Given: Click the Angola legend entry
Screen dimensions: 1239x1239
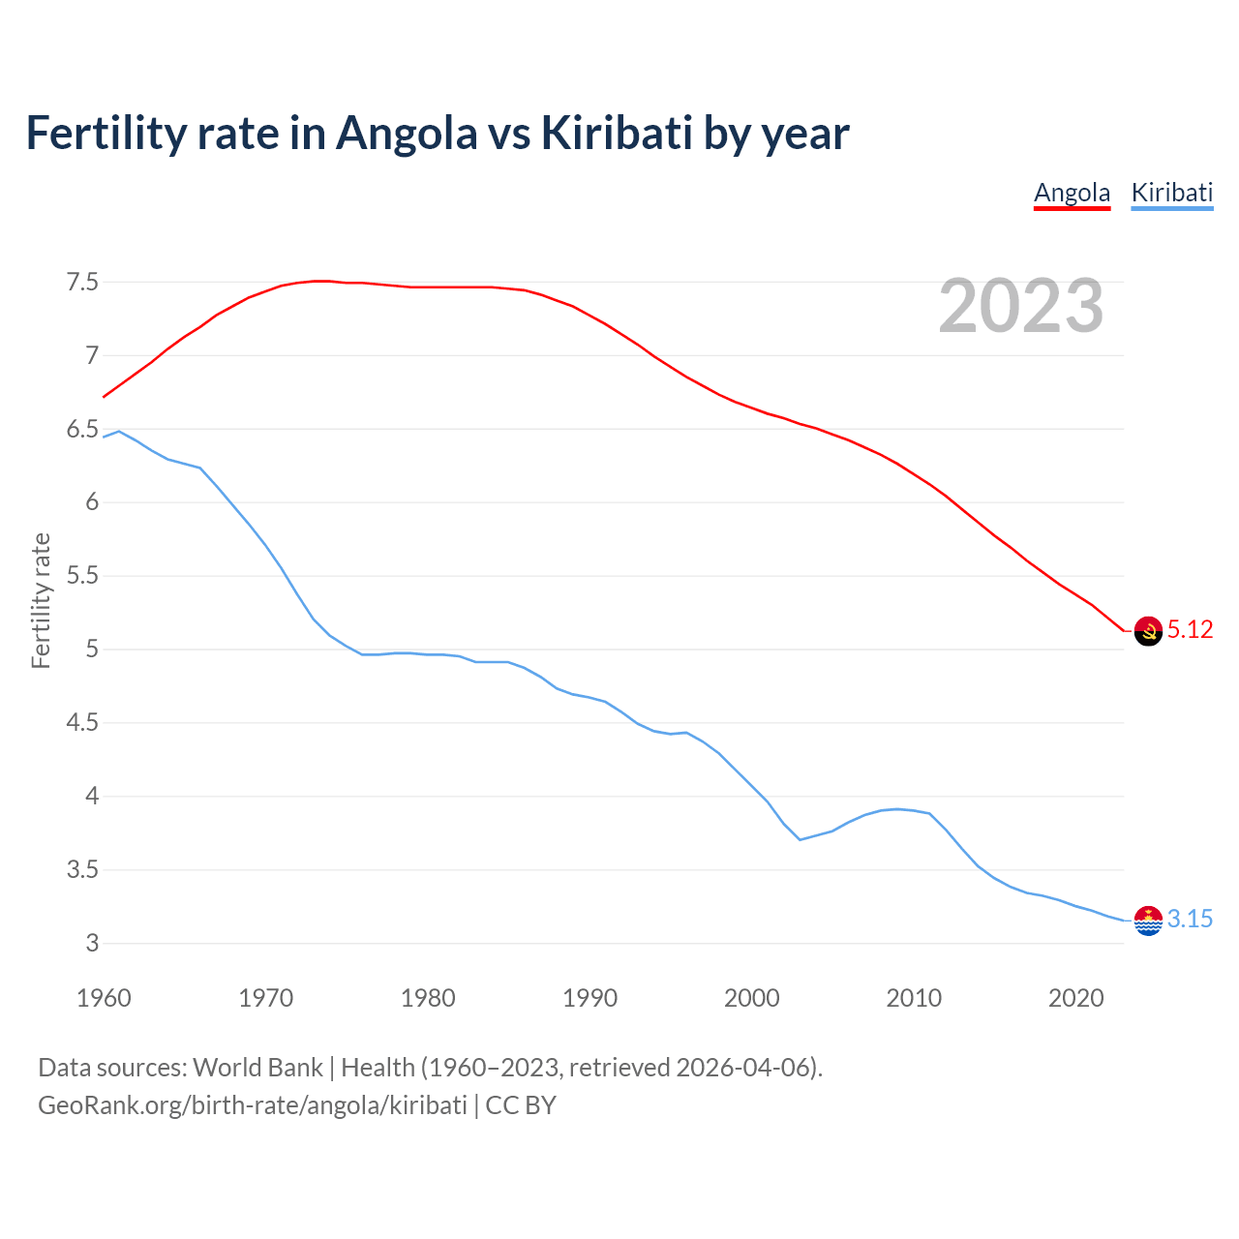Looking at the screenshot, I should point(1072,193).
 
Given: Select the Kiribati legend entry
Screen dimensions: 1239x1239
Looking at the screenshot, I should point(1171,193).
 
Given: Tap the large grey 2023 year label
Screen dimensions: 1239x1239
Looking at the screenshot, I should point(1021,306).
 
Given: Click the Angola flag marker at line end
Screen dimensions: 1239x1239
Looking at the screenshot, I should point(1148,631).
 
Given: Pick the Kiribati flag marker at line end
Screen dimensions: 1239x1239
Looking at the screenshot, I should point(1148,921).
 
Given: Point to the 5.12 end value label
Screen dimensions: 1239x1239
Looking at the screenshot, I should point(1190,630).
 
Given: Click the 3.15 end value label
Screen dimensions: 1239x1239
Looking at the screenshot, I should point(1190,920).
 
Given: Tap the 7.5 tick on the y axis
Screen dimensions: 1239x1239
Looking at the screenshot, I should point(82,283).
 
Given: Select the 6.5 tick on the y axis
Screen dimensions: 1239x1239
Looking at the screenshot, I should point(82,430).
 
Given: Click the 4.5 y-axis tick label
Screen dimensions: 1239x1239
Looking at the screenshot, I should point(82,723).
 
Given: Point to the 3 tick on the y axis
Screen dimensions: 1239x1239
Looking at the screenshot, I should point(92,944).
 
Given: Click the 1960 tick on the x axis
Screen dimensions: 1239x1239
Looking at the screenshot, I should point(104,998).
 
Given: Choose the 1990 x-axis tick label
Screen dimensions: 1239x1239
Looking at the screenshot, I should point(589,998).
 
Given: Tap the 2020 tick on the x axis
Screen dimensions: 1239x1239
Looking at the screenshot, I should point(1075,998).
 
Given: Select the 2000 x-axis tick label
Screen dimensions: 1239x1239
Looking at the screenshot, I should point(751,998).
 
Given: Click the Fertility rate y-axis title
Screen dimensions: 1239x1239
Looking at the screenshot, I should point(41,600).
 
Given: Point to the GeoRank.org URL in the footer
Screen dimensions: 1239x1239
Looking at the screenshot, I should point(252,1105).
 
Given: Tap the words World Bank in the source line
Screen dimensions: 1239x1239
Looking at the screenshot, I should point(257,1068).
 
